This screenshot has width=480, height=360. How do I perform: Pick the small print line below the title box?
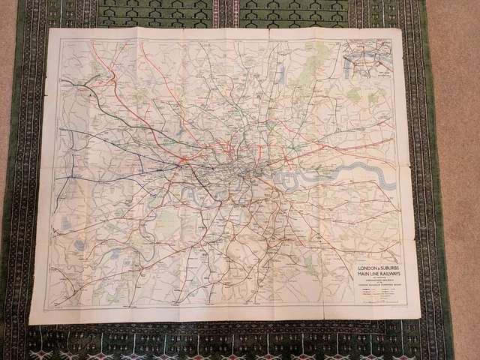click(378, 307)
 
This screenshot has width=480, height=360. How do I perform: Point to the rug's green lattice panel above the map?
click(225, 13)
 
